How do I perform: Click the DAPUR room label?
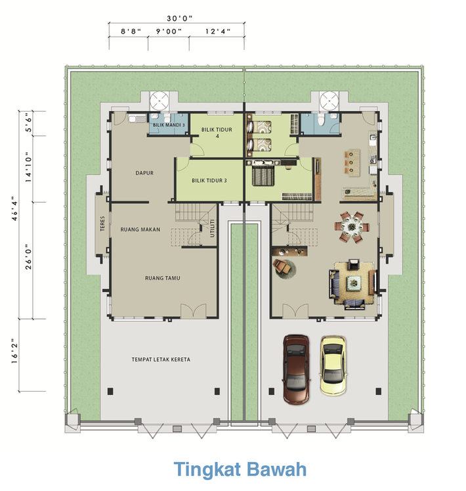[144, 173]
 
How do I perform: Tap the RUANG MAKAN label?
[140, 229]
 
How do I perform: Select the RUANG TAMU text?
[163, 278]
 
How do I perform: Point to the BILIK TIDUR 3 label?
[209, 181]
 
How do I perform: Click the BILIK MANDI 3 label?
[169, 125]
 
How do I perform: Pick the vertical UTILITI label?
[213, 228]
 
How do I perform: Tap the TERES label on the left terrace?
[102, 223]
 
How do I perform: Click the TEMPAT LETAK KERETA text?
[161, 360]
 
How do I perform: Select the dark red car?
[296, 369]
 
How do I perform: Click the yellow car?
[333, 365]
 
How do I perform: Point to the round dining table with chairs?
[352, 227]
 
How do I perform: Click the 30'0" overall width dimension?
[180, 18]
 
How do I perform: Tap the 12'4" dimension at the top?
[218, 31]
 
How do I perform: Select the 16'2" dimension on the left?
[14, 351]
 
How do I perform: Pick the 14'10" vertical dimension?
[28, 167]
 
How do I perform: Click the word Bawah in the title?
[276, 469]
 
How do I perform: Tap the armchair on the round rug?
[282, 266]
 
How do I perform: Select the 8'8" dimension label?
[131, 31]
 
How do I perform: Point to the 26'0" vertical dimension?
[28, 257]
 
